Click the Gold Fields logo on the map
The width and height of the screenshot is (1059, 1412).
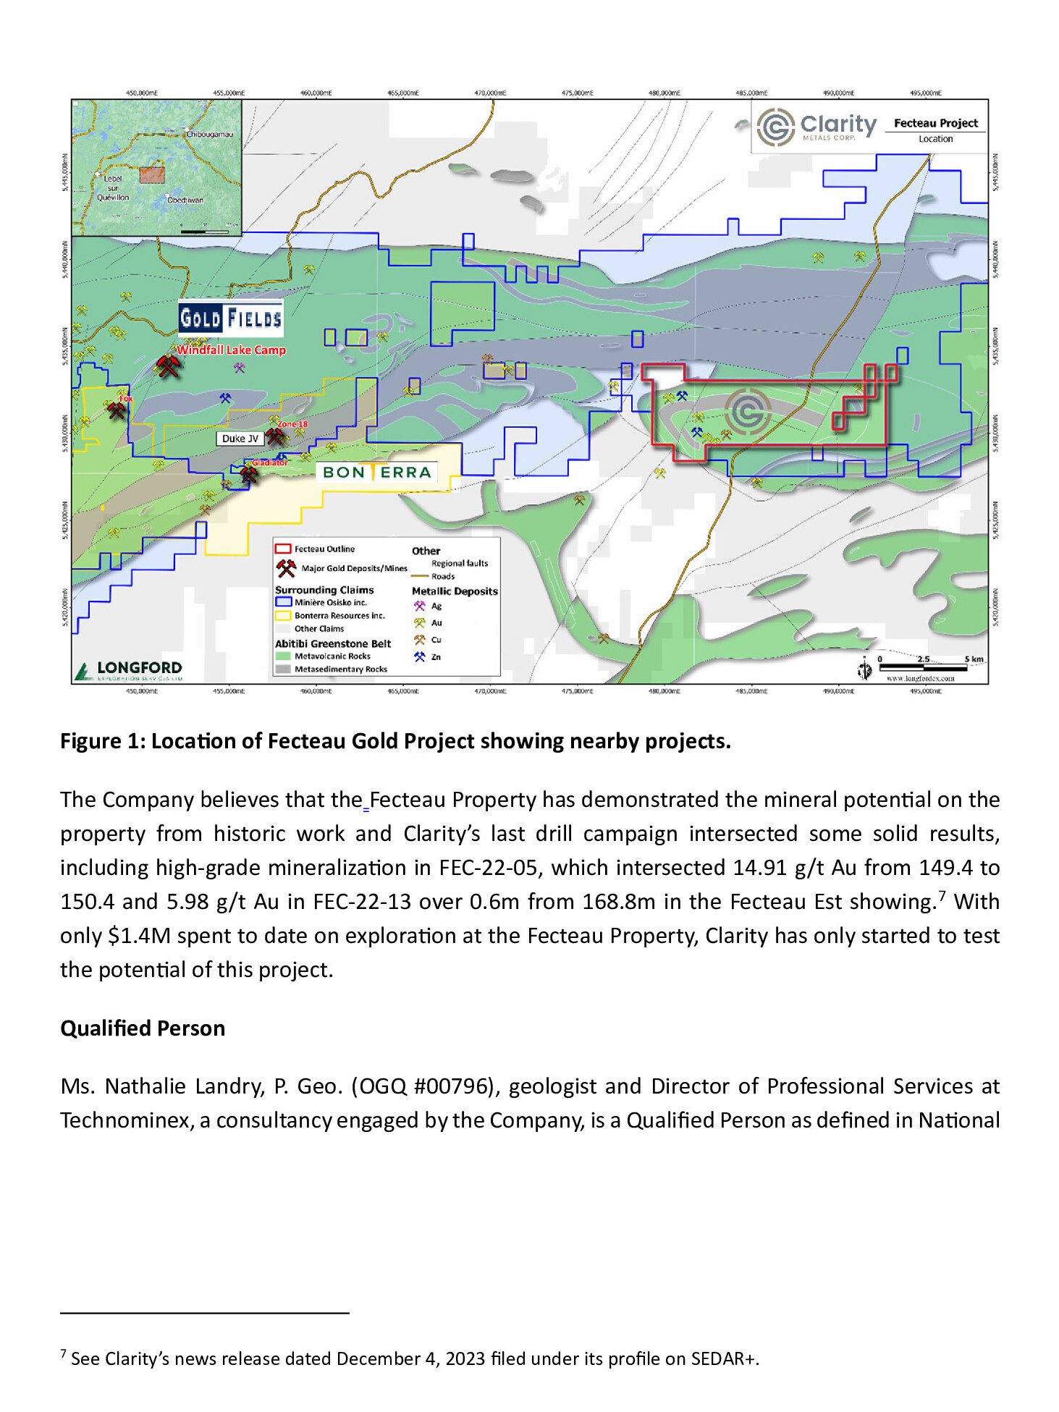tap(230, 318)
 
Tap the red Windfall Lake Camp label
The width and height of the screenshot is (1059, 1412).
tap(231, 350)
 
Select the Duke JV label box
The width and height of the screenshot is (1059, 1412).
tap(240, 439)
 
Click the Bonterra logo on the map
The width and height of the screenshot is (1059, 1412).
tap(376, 473)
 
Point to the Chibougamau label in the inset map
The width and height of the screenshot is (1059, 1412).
tap(210, 135)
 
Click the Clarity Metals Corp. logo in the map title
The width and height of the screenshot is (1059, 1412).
tap(816, 127)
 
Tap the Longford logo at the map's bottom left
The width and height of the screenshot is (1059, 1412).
tap(130, 669)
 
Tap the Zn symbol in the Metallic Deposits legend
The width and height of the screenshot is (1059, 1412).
tap(420, 656)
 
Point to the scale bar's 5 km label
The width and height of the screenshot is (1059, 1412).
tap(974, 659)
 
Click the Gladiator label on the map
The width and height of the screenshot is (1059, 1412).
tap(269, 462)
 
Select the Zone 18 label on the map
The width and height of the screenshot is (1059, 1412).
tap(292, 424)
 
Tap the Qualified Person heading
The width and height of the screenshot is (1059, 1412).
tap(143, 1028)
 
